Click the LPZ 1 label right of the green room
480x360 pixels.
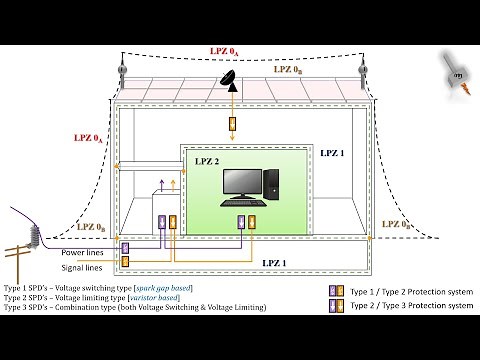pyautogui.click(x=331, y=155)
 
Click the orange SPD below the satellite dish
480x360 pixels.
pyautogui.click(x=234, y=127)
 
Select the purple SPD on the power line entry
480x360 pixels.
pyautogui.click(x=126, y=247)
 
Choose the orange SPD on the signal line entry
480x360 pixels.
pyautogui.click(x=126, y=262)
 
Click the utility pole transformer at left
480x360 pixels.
pyautogui.click(x=34, y=237)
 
